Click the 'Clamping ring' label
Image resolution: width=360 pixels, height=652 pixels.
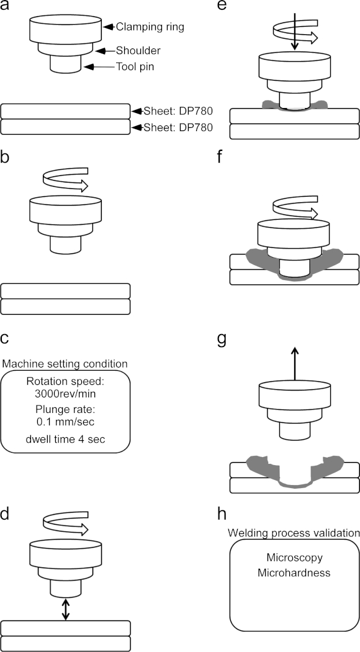point(150,27)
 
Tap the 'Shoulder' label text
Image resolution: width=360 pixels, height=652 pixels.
point(138,51)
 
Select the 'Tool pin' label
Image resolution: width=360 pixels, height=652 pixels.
point(135,66)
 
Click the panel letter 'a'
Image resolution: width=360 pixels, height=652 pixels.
point(5,7)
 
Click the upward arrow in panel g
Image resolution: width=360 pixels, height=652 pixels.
point(294,363)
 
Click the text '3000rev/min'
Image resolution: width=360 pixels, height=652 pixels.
point(66,393)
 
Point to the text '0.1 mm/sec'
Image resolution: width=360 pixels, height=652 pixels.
point(66,422)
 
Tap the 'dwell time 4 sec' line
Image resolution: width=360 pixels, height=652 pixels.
point(66,438)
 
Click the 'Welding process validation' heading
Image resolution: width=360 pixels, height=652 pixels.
point(294,533)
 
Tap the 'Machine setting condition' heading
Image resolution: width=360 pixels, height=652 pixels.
point(65,364)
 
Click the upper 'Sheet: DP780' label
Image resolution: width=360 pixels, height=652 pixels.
point(178,111)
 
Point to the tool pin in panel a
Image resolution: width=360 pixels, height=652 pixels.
point(65,65)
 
